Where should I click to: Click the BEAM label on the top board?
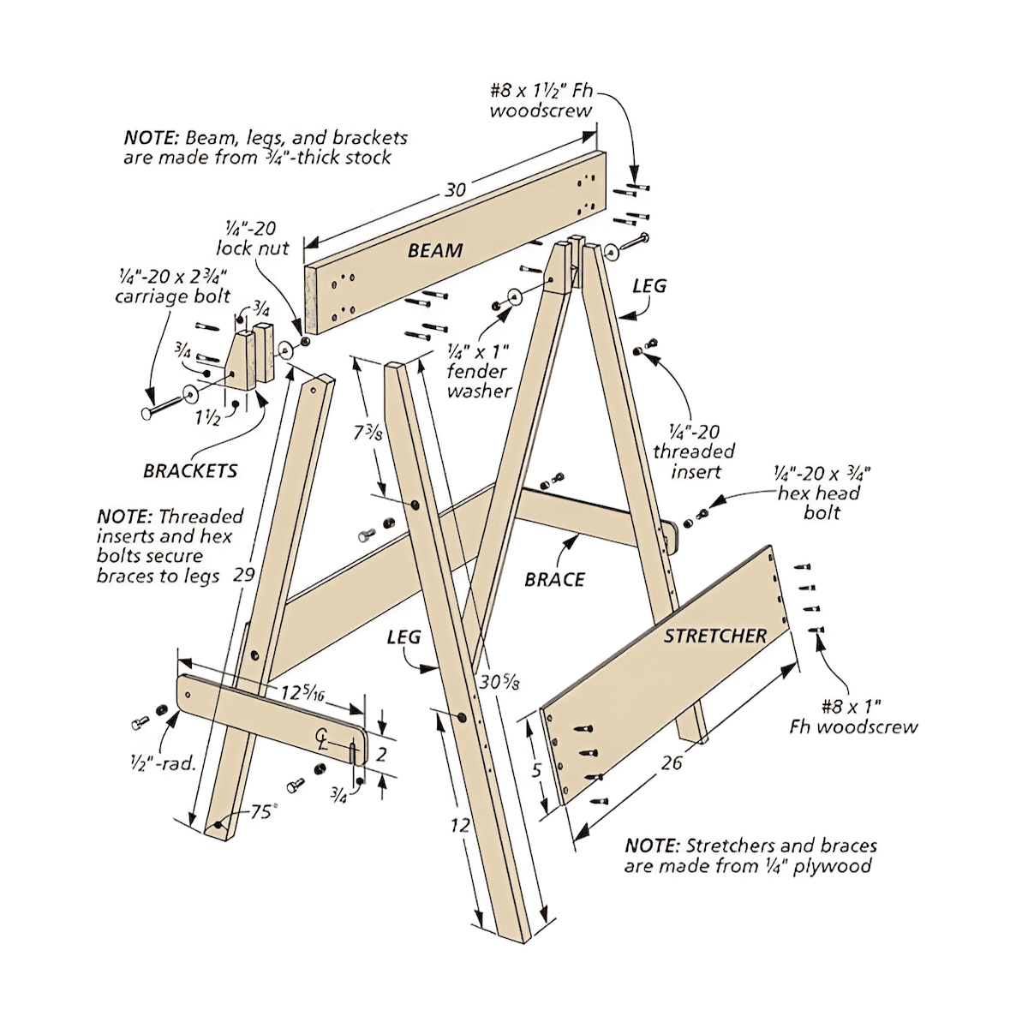434,250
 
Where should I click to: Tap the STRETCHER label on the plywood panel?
714,636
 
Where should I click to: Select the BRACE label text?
554,580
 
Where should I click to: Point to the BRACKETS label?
190,470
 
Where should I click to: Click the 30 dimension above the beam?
455,189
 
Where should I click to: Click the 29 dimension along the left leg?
244,574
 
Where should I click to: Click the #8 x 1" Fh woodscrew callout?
852,717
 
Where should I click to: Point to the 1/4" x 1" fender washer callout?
478,371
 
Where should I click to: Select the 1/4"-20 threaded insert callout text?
694,451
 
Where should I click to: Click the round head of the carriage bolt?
147,414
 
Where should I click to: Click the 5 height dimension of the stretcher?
536,770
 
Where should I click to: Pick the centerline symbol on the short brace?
322,738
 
